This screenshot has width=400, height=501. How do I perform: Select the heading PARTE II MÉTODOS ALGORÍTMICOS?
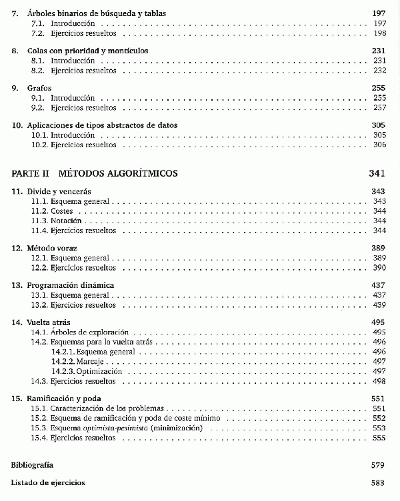pyautogui.click(x=95, y=173)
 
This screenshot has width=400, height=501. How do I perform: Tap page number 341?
pyautogui.click(x=377, y=173)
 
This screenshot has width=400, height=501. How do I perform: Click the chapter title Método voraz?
pyautogui.click(x=53, y=248)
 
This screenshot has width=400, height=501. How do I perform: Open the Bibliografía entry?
pyautogui.click(x=33, y=464)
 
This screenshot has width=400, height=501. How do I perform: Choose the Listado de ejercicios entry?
pyautogui.click(x=49, y=482)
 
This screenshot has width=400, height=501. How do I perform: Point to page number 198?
pyautogui.click(x=380, y=33)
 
